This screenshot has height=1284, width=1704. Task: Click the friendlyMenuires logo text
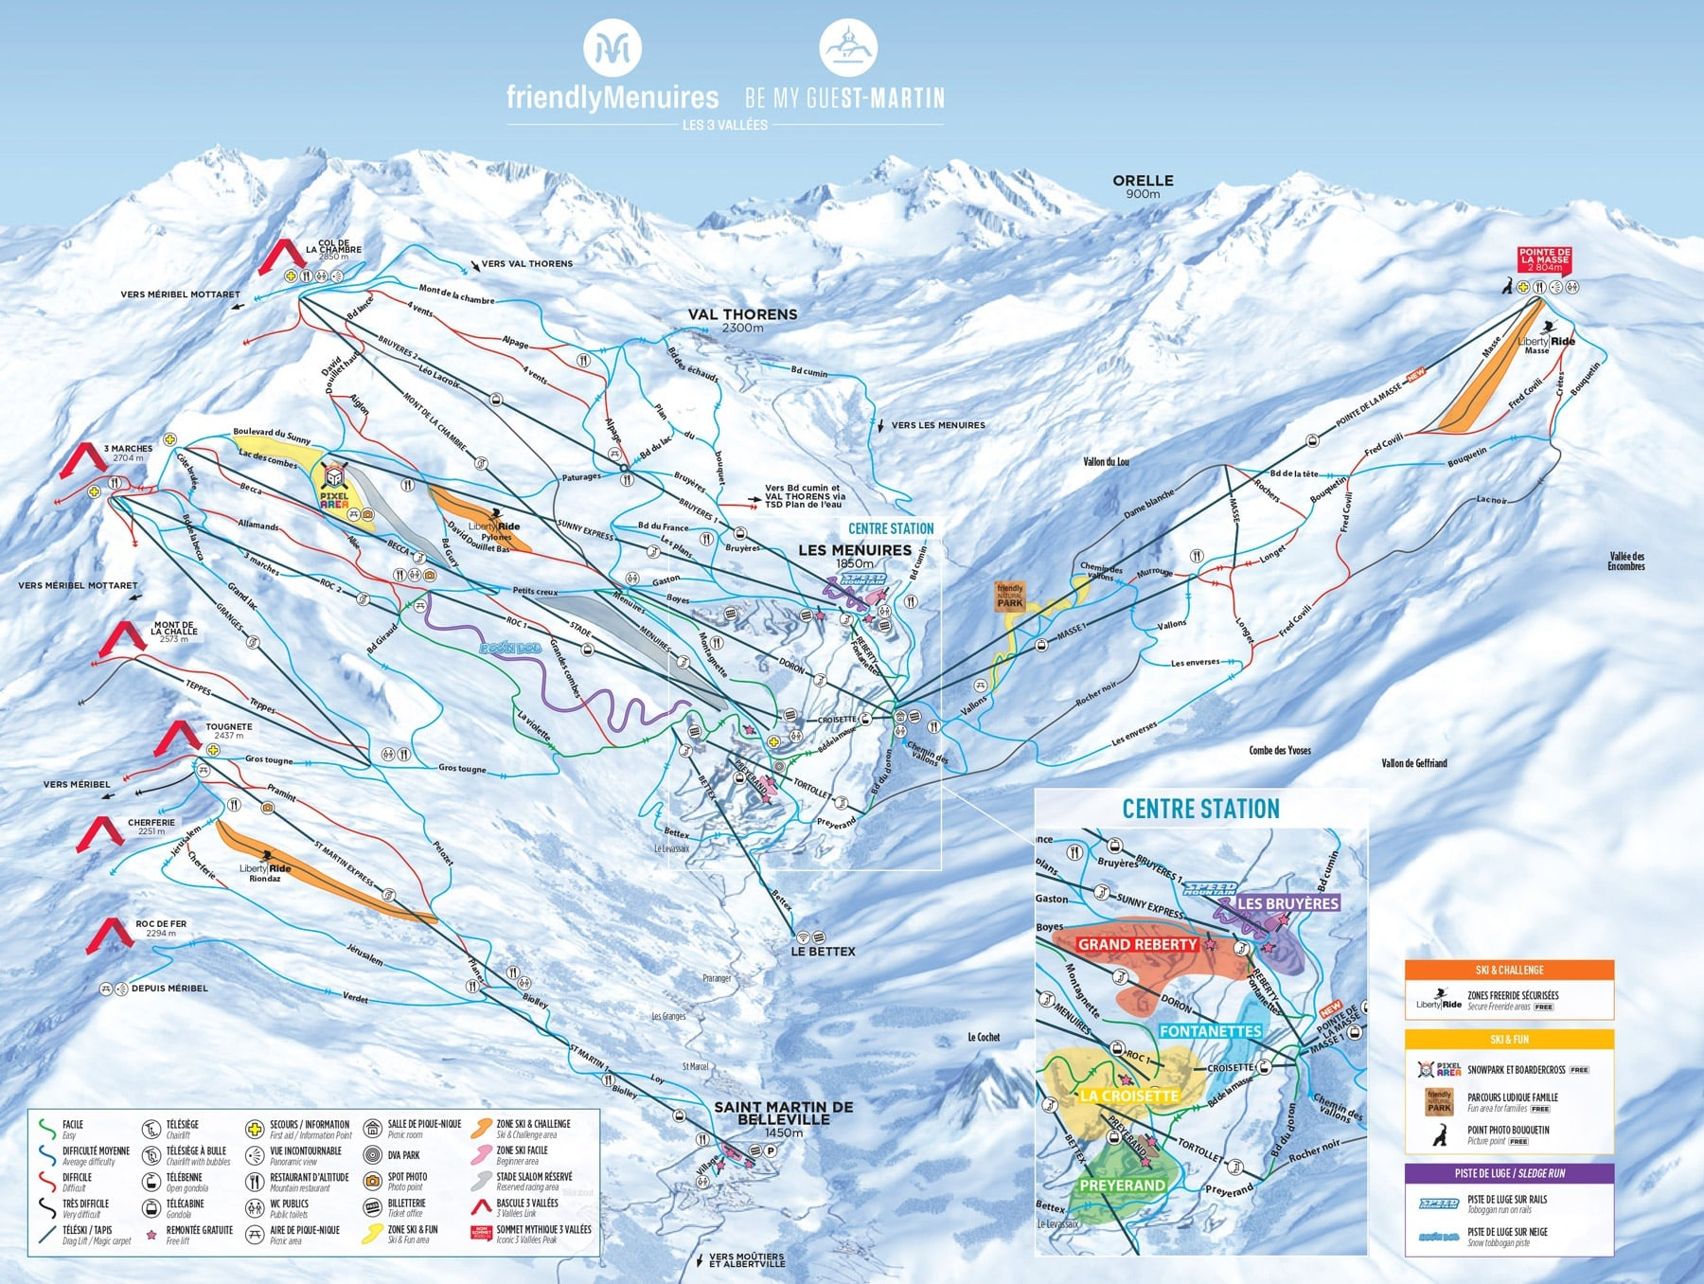[x=612, y=98]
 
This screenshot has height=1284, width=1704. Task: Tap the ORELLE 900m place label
[x=1143, y=186]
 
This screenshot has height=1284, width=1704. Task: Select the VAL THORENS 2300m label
[x=742, y=320]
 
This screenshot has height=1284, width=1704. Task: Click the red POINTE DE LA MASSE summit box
[x=1545, y=259]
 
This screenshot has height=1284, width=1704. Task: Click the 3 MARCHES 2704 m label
[x=128, y=453]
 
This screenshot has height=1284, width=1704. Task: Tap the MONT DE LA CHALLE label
[x=174, y=632]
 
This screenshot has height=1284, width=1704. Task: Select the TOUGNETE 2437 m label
[x=228, y=731]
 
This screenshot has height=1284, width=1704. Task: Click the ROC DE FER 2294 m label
[x=161, y=928]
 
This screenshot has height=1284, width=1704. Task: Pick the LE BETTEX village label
[x=823, y=951]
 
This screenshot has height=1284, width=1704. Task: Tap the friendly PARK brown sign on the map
[x=1010, y=596]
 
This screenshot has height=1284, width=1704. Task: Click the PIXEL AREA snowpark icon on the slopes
[x=335, y=486]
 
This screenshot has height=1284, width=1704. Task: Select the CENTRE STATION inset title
[x=1200, y=809]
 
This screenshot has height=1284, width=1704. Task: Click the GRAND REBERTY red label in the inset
[x=1137, y=944]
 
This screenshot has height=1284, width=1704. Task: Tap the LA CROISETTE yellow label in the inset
[x=1128, y=1096]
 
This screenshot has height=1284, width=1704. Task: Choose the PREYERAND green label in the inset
[x=1122, y=1185]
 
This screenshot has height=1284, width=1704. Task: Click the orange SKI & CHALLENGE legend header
[x=1509, y=970]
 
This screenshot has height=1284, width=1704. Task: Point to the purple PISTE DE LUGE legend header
[x=1509, y=1173]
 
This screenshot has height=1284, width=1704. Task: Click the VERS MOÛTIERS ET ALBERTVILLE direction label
[x=746, y=1260]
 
